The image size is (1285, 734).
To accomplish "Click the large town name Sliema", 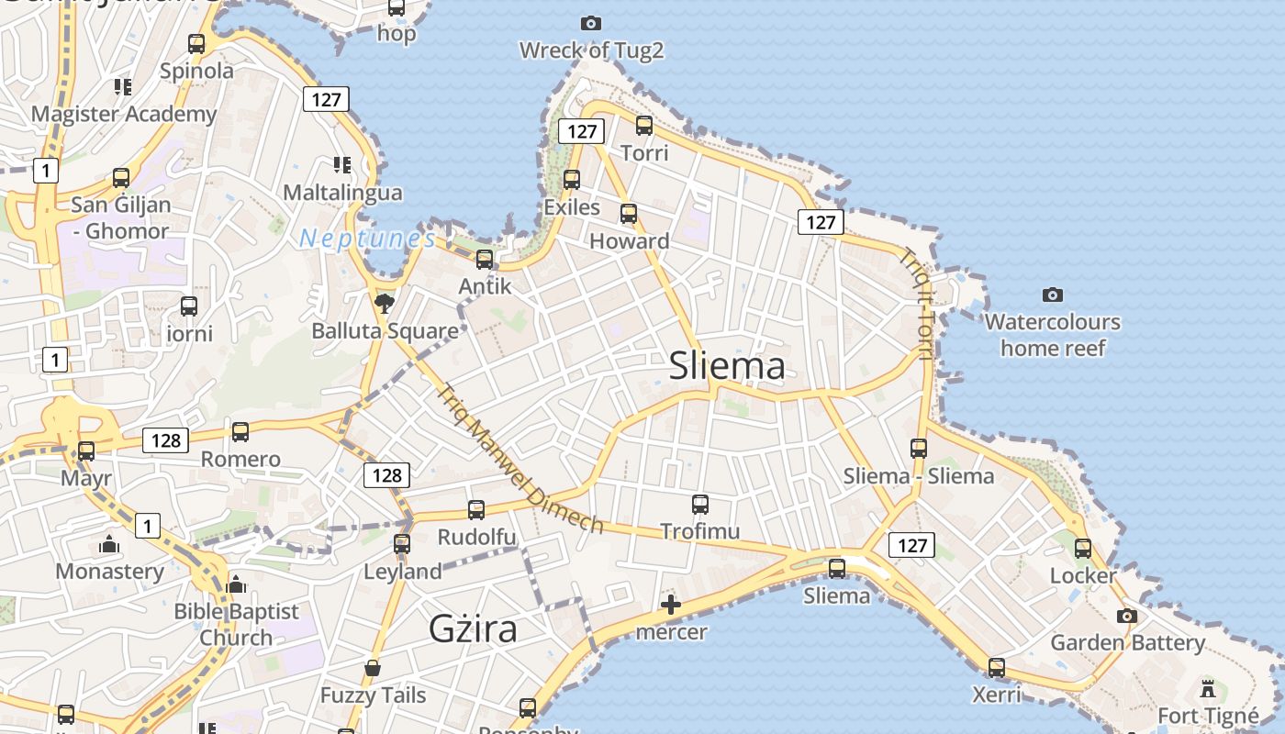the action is pyautogui.click(x=727, y=366).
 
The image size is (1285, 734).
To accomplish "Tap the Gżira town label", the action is pyautogui.click(x=473, y=629).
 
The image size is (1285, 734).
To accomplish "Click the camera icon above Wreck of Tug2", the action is pyautogui.click(x=591, y=23).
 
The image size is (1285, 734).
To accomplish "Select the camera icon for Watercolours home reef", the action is pyautogui.click(x=1053, y=295).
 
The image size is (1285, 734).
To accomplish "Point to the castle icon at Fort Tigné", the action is pyautogui.click(x=1208, y=688).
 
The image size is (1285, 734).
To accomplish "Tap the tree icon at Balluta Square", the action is pyautogui.click(x=384, y=304).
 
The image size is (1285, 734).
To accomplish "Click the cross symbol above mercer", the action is pyautogui.click(x=671, y=605).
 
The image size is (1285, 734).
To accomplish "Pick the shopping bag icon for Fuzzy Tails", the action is pyautogui.click(x=373, y=668).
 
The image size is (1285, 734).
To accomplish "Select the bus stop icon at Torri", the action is pyautogui.click(x=644, y=126).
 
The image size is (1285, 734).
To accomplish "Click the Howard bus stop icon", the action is pyautogui.click(x=629, y=214).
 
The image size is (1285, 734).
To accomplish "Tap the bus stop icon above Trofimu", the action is pyautogui.click(x=700, y=504).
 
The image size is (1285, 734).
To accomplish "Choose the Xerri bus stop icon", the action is pyautogui.click(x=997, y=667).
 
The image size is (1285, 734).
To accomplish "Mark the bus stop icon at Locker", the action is pyautogui.click(x=1083, y=549).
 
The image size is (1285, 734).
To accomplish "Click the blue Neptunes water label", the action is pyautogui.click(x=367, y=239).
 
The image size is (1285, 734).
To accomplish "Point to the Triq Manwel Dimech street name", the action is pyautogui.click(x=520, y=459).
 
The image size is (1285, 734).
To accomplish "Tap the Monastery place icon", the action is pyautogui.click(x=109, y=545).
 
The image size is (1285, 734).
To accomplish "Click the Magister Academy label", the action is pyautogui.click(x=124, y=115).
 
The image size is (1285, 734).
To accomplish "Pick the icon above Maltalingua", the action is pyautogui.click(x=342, y=165).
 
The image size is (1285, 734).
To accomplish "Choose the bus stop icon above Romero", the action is pyautogui.click(x=240, y=431).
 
